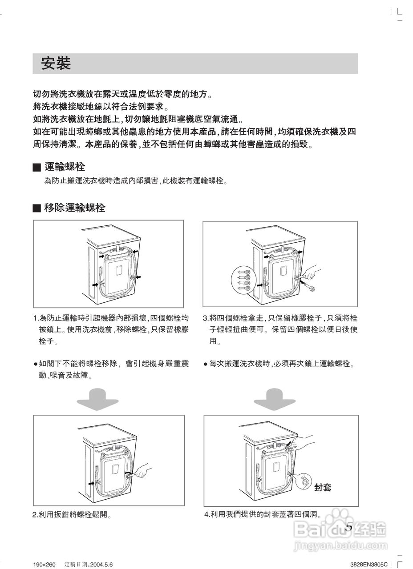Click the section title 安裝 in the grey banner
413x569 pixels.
click(56, 64)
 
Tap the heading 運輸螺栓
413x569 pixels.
click(65, 167)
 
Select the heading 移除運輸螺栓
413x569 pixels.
click(75, 208)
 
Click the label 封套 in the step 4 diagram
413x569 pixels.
click(323, 487)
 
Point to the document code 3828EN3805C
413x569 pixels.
click(369, 565)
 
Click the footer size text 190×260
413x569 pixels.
click(45, 565)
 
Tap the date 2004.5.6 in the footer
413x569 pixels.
click(101, 565)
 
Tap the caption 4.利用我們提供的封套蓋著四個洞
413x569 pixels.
click(263, 514)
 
